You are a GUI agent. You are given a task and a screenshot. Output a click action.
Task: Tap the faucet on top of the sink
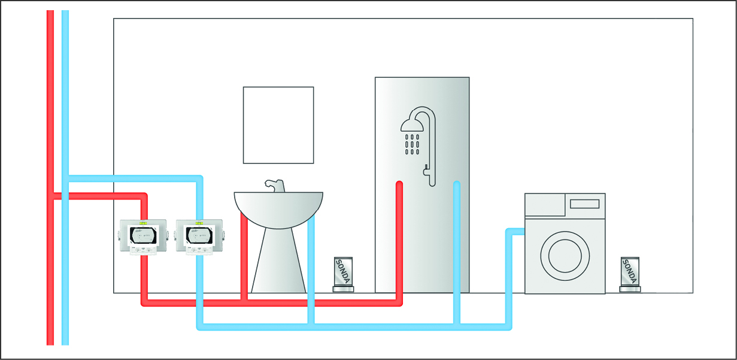click(274, 185)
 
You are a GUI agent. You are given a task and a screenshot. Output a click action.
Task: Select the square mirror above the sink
click(278, 125)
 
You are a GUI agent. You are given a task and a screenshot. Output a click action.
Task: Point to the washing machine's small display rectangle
click(584, 204)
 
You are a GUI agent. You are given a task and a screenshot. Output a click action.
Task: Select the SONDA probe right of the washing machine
click(630, 274)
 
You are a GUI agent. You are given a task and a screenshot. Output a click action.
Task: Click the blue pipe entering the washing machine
click(516, 231)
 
